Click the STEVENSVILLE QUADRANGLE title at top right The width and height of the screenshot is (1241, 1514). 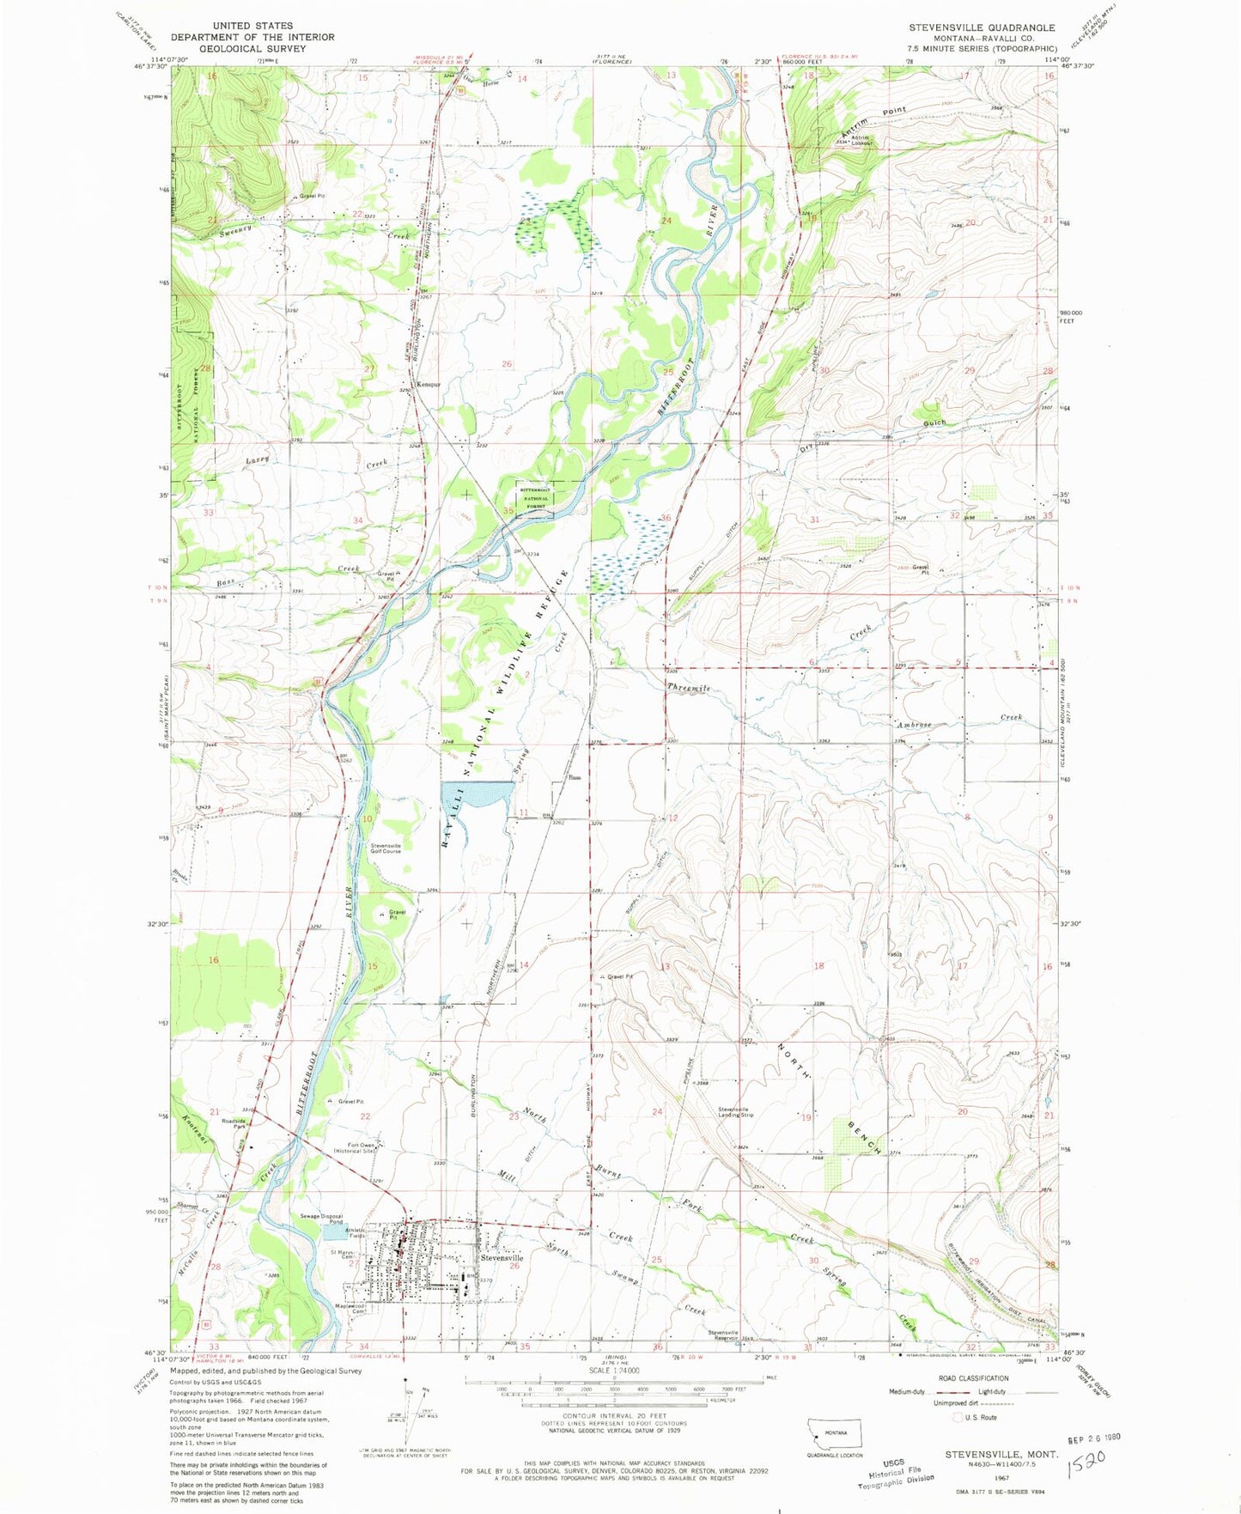tap(982, 27)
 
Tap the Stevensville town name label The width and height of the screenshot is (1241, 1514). tap(502, 1257)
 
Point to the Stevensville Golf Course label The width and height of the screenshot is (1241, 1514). tap(386, 848)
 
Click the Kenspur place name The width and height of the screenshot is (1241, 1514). tap(429, 384)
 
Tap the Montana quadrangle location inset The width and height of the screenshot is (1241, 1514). tap(835, 1435)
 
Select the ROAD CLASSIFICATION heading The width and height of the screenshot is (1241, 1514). tap(973, 1377)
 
